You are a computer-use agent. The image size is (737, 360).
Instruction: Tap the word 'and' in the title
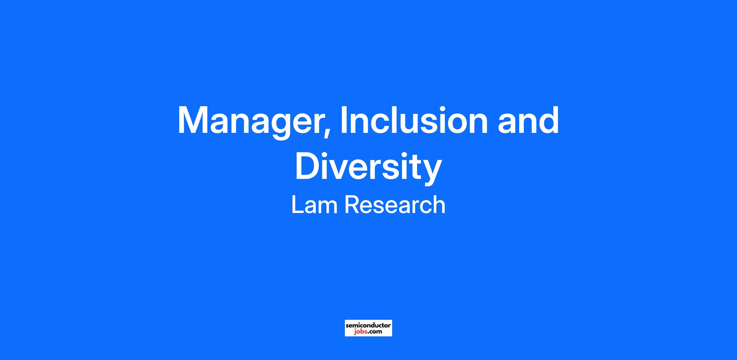click(x=528, y=120)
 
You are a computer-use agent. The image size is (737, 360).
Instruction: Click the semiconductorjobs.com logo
click(x=368, y=328)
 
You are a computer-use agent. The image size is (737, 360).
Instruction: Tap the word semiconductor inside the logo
click(x=368, y=325)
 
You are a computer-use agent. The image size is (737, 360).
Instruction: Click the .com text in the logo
click(x=375, y=331)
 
